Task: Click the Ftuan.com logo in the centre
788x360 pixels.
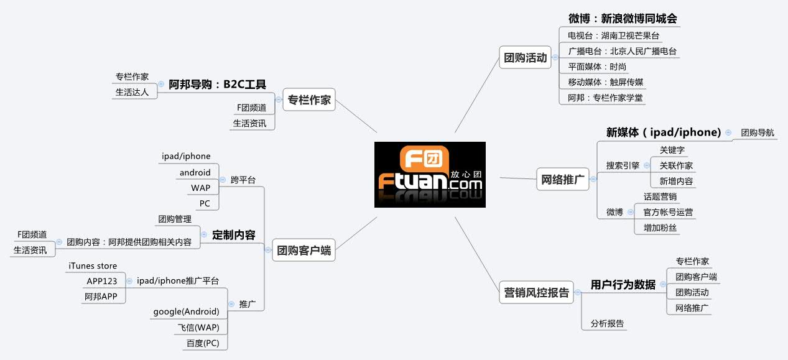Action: (x=430, y=175)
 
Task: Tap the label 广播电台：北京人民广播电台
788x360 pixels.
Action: (x=622, y=52)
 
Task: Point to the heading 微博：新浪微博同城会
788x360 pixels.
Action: (x=621, y=19)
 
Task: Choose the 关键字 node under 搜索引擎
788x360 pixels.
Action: (x=672, y=150)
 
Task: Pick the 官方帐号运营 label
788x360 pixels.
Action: (x=668, y=212)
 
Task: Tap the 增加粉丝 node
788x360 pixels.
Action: (x=660, y=228)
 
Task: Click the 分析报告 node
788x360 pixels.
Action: (x=607, y=323)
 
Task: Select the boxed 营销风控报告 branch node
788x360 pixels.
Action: (x=535, y=293)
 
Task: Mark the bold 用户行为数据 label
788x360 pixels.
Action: (x=623, y=285)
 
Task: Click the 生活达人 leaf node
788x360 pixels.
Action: (x=132, y=92)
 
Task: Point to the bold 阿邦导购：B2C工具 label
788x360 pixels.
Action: (x=217, y=85)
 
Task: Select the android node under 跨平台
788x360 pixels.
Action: (x=195, y=172)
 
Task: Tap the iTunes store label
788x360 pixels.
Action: (x=93, y=266)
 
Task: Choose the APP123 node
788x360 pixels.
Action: (x=102, y=281)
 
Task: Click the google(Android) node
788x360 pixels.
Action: (x=186, y=312)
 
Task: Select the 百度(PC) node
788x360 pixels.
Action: (x=203, y=343)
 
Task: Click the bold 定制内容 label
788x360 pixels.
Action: (x=233, y=235)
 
